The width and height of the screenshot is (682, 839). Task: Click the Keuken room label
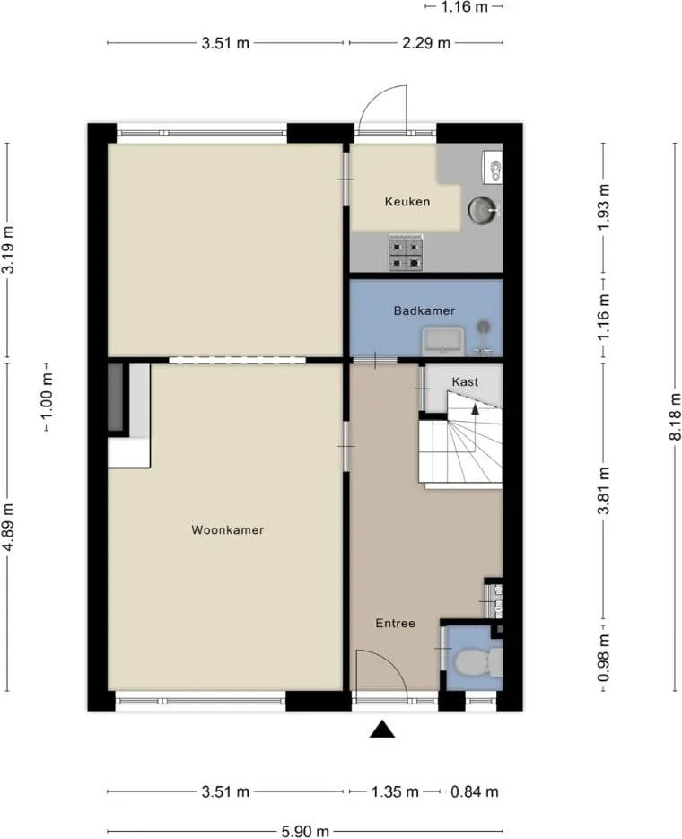[x=407, y=202]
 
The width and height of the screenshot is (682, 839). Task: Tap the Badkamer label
[x=424, y=310]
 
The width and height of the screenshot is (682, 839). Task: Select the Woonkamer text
[x=227, y=530]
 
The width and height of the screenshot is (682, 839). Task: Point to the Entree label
[x=396, y=624]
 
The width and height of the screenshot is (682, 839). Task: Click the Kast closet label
[x=465, y=382]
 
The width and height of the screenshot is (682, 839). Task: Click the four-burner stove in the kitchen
[x=406, y=252]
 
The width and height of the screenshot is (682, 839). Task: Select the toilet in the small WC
[x=477, y=662]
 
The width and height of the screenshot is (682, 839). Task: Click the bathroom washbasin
[x=443, y=341]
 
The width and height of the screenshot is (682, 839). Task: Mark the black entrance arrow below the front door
[x=382, y=730]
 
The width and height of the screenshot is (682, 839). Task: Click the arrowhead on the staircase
[x=475, y=409]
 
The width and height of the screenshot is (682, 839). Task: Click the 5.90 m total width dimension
[x=305, y=831]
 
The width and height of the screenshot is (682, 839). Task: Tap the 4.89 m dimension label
[x=8, y=527]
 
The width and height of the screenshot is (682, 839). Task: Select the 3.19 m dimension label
[x=8, y=249]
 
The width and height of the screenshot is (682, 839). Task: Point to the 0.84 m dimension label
[x=475, y=791]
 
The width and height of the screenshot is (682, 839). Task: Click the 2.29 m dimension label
[x=426, y=43]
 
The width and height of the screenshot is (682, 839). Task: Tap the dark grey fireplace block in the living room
[x=116, y=397]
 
